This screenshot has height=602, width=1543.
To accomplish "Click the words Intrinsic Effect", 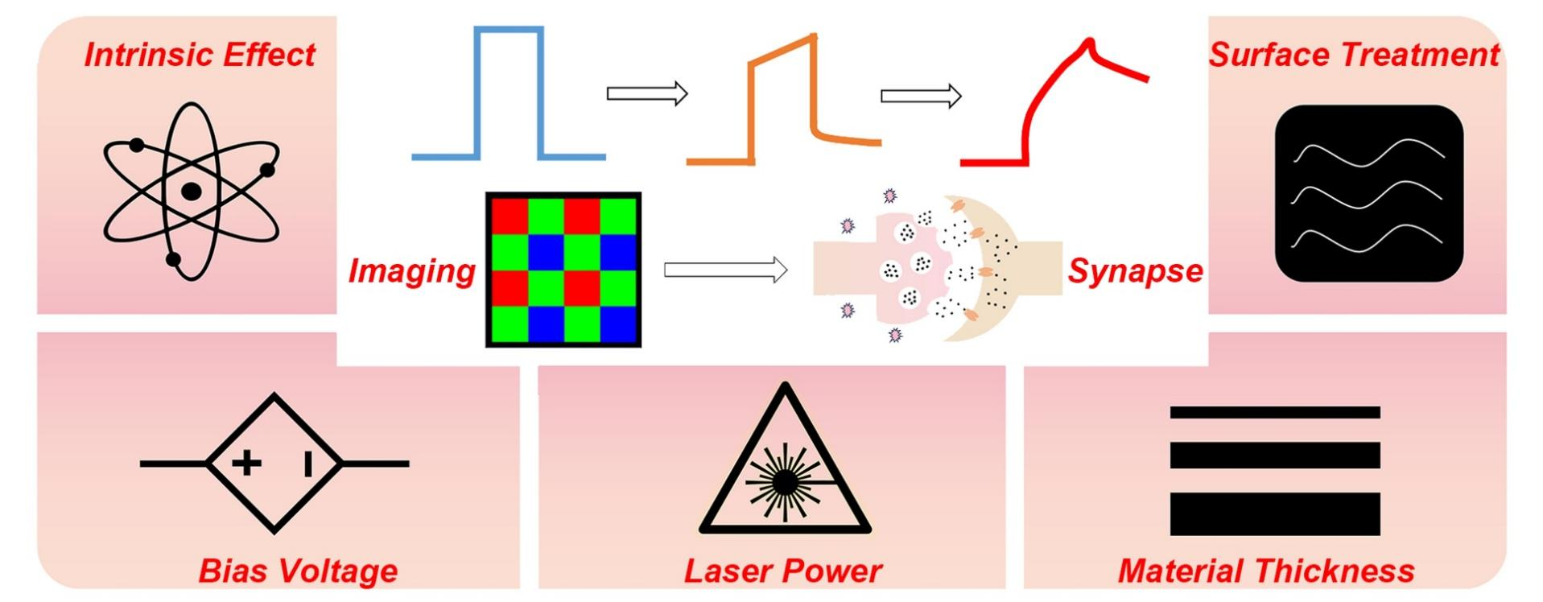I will [x=200, y=55].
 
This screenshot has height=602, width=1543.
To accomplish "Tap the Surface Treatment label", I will [x=1354, y=55].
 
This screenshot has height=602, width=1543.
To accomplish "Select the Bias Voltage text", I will [x=298, y=571].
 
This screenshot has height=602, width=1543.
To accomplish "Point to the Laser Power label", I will [x=782, y=571].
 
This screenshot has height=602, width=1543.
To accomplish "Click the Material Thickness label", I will [x=1265, y=571].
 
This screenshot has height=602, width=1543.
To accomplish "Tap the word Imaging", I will [x=411, y=271].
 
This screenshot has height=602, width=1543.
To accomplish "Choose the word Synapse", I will [x=1135, y=271].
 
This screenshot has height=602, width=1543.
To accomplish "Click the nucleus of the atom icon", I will [x=191, y=191].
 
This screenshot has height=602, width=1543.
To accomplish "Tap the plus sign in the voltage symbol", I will [x=246, y=463].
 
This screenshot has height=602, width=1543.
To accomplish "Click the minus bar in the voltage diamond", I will [x=307, y=464].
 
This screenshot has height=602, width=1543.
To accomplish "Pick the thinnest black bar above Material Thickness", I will [x=1274, y=412].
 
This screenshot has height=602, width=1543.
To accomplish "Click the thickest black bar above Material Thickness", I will [x=1274, y=513].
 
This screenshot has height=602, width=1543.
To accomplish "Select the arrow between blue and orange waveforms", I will [x=646, y=93].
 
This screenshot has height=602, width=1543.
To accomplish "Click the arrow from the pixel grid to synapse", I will [x=724, y=270].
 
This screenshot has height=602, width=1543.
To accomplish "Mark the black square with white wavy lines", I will [x=1368, y=193].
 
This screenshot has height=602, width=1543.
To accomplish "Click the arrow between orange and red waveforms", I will [x=921, y=97].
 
